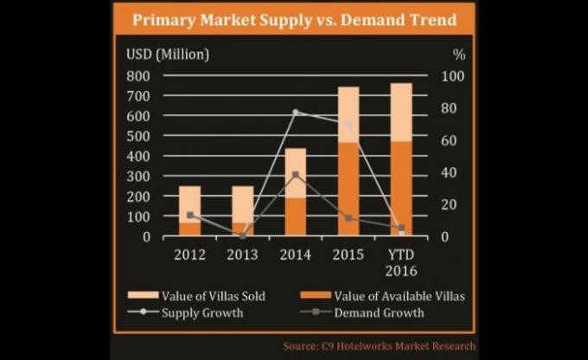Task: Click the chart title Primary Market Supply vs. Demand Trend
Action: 294,20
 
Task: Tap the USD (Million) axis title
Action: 168,55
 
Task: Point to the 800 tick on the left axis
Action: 138,76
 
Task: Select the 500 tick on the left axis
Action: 138,136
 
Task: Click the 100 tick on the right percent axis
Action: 452,76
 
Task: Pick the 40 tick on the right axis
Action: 449,173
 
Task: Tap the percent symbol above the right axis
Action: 459,55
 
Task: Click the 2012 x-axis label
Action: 189,255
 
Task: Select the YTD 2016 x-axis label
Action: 401,263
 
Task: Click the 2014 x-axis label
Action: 296,255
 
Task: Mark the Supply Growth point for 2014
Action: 296,112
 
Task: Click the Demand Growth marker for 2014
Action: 296,175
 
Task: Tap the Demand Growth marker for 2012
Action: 190,215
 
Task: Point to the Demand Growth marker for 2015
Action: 348,218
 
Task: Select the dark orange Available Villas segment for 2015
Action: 348,190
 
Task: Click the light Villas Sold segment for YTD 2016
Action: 401,112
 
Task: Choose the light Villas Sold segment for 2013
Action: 243,204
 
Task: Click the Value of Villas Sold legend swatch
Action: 143,295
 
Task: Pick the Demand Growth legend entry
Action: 362,312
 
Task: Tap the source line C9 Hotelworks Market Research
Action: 380,346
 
